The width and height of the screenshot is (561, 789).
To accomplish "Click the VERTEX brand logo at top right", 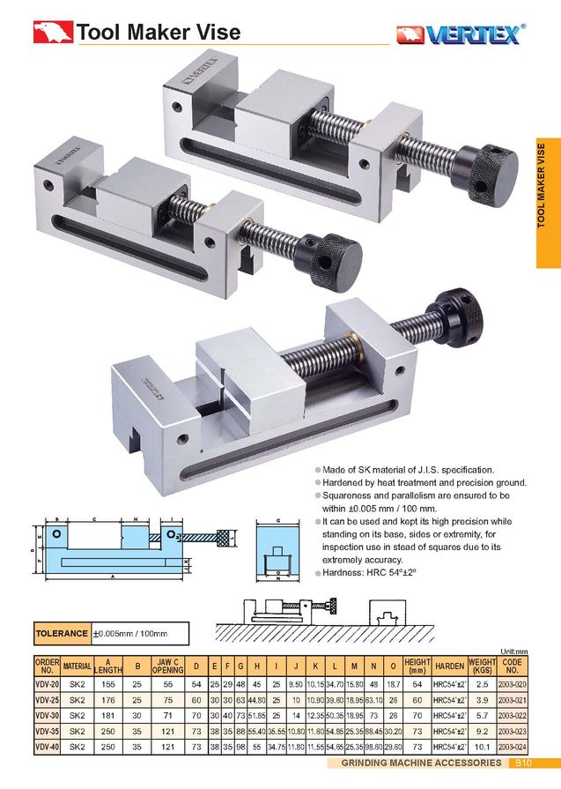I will (461, 34).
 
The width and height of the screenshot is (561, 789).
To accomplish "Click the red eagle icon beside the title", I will (52, 33).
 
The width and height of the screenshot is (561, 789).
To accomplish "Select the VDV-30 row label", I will (47, 715).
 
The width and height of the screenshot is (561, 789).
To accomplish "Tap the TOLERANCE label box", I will (62, 633).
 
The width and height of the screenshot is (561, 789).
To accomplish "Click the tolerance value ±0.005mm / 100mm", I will (129, 633).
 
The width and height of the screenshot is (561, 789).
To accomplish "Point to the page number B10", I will (522, 763).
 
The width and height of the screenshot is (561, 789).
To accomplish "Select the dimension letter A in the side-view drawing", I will (112, 576).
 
